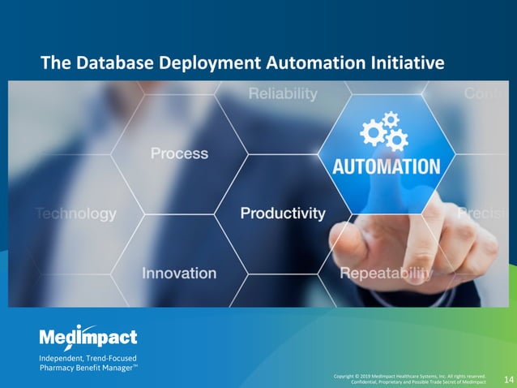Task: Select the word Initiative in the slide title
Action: pos(407,63)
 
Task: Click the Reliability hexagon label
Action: pos(283,94)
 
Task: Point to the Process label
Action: pos(179,153)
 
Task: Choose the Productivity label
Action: pos(283,213)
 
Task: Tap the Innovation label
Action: pos(179,274)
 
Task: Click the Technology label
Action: pos(76,214)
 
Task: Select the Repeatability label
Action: pos(386,274)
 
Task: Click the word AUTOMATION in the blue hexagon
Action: pos(386,167)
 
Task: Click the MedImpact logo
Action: pos(88,337)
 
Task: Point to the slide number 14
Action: pos(508,379)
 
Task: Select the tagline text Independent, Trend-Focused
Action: pos(88,358)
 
